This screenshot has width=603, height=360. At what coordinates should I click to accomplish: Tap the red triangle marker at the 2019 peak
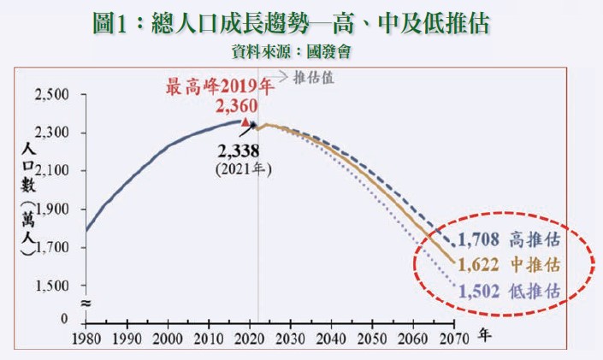[246, 123]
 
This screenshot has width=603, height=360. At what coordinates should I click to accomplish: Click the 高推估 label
[536, 239]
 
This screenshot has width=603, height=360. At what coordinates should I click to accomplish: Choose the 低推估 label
[536, 291]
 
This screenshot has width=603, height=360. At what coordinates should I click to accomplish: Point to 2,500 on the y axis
[52, 94]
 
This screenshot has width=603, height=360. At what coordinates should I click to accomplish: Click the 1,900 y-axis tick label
[52, 210]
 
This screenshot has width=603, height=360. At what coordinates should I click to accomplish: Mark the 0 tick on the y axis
[64, 318]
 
